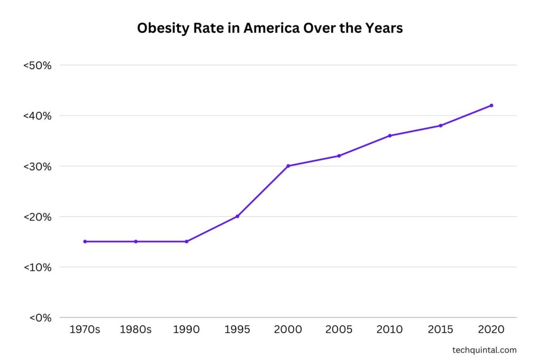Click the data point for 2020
pyautogui.click(x=491, y=105)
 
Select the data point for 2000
pyautogui.click(x=288, y=166)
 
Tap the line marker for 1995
pyautogui.click(x=237, y=216)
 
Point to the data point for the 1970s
pyautogui.click(x=85, y=241)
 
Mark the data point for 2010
pyautogui.click(x=390, y=135)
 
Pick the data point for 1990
pyautogui.click(x=187, y=241)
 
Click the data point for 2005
pyautogui.click(x=339, y=155)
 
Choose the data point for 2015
pyautogui.click(x=440, y=125)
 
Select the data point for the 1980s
pyautogui.click(x=136, y=241)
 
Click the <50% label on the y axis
pyautogui.click(x=36, y=66)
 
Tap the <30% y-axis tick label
pyautogui.click(x=36, y=167)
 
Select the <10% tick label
pyautogui.click(x=37, y=267)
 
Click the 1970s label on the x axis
pyautogui.click(x=85, y=330)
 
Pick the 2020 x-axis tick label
pyautogui.click(x=491, y=330)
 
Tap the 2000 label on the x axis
pyautogui.click(x=288, y=330)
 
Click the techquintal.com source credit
pyautogui.click(x=485, y=350)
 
